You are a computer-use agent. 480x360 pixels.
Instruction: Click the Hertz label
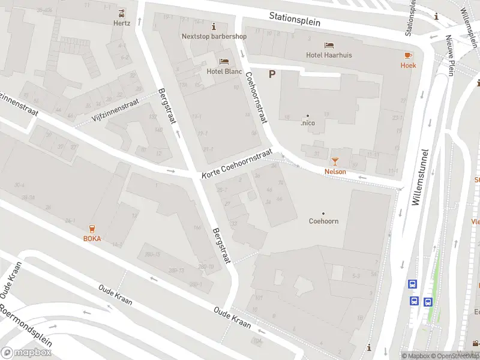122,23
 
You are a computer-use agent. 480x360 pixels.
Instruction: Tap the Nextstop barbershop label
214,36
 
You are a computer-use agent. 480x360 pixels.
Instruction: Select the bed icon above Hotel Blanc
224,61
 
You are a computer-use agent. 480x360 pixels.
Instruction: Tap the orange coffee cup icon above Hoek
408,55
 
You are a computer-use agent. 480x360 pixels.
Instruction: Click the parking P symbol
272,74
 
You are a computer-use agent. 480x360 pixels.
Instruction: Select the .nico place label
308,124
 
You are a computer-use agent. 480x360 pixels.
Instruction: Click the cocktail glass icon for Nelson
335,161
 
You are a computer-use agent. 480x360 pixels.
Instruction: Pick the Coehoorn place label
323,221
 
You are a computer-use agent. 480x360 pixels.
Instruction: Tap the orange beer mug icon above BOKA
92,228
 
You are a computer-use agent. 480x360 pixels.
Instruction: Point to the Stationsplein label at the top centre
295,19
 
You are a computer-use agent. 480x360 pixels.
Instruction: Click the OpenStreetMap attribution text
454,356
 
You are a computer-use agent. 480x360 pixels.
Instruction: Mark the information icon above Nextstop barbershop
214,27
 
